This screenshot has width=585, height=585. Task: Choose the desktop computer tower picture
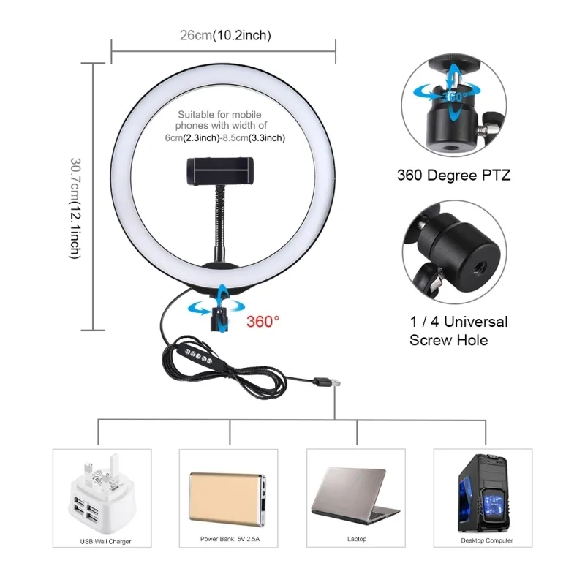click(483, 494)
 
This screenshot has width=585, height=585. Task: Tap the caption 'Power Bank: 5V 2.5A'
click(230, 540)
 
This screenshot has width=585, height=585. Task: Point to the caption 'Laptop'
click(357, 540)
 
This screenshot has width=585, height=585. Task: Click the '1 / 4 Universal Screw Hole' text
click(458, 331)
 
